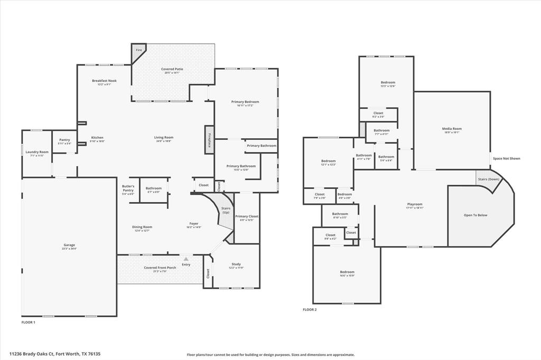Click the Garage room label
tap(69, 245)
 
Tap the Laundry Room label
tap(37, 152)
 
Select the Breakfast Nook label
tap(104, 81)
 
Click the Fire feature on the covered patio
tap(138, 50)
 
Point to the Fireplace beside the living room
tap(209, 139)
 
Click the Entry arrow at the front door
tap(186, 259)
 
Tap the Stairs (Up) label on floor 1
tap(226, 209)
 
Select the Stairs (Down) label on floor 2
tap(489, 179)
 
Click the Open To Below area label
tap(475, 215)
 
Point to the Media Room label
tap(452, 129)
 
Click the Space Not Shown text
tap(506, 158)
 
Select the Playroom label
tap(415, 204)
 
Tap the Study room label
tap(236, 264)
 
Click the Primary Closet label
tap(247, 216)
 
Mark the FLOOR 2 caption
tap(310, 310)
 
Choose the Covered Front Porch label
tap(160, 268)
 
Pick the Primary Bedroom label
tap(245, 102)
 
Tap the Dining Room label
tap(142, 227)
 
